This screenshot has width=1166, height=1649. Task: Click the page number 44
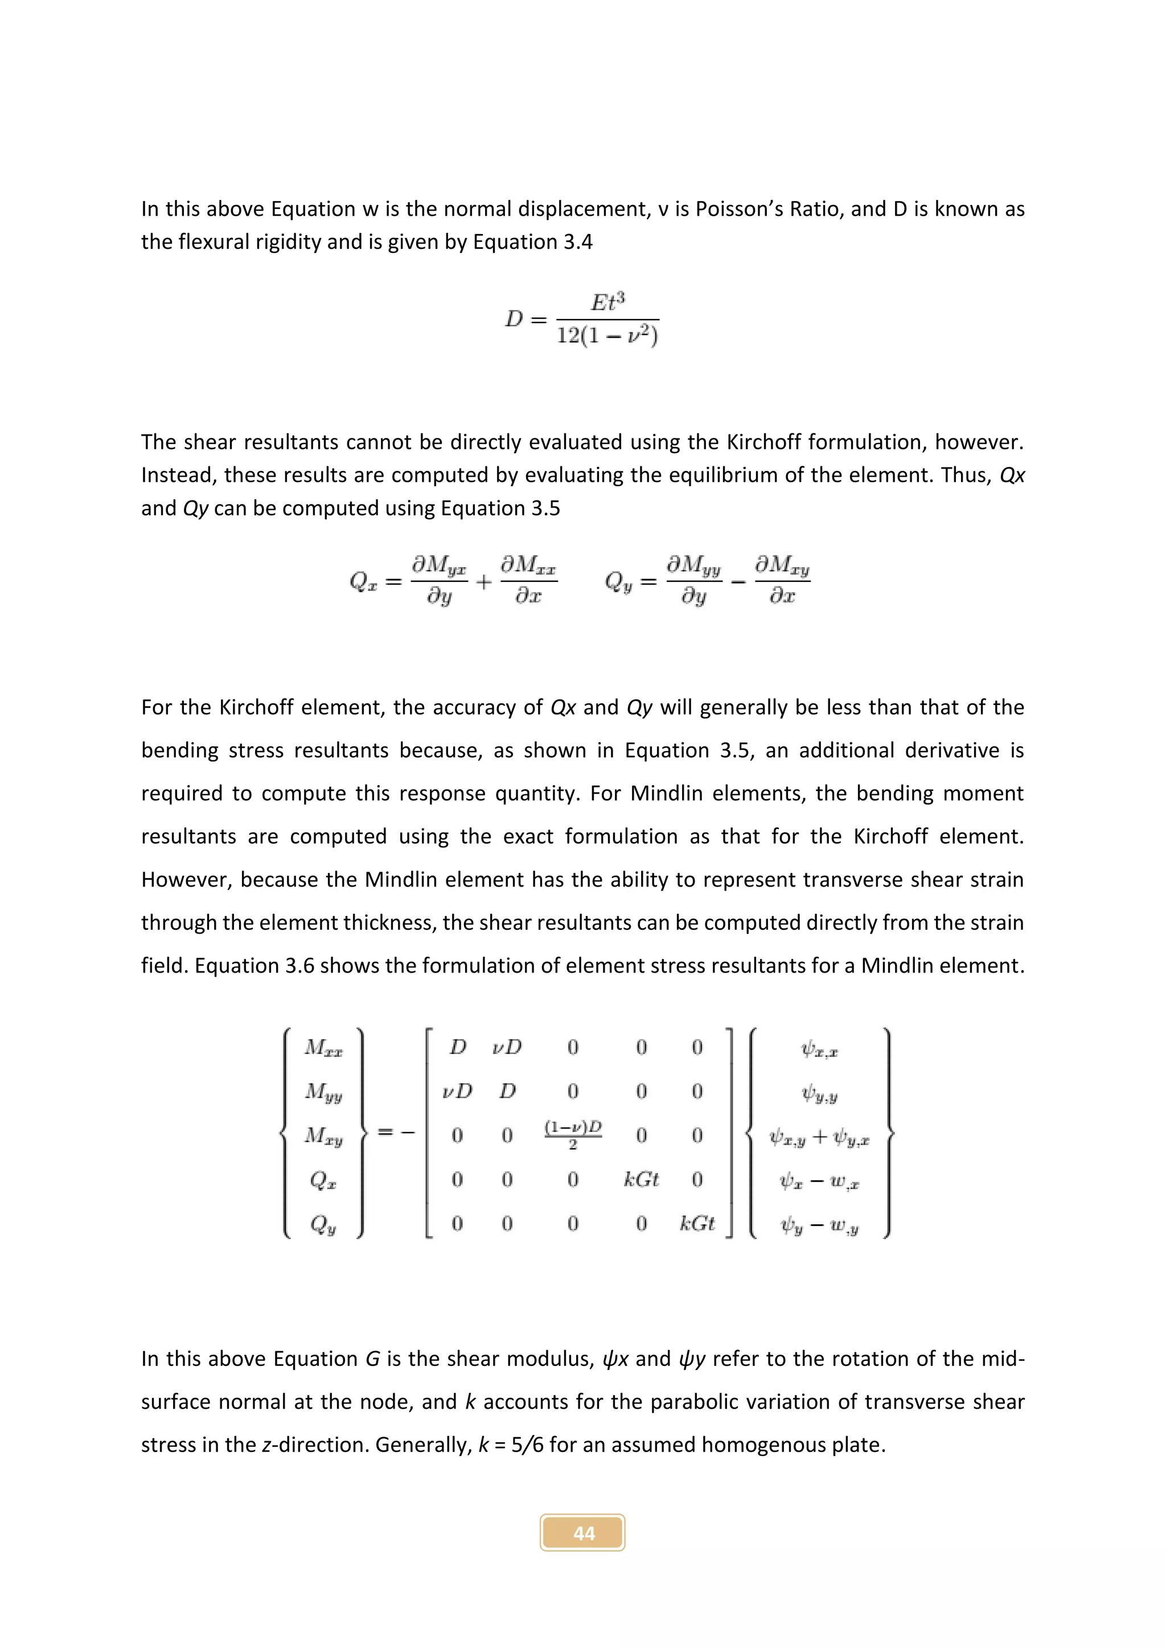(x=583, y=1533)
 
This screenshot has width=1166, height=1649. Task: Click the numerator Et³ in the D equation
(x=607, y=302)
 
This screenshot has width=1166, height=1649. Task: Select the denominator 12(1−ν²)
(x=607, y=336)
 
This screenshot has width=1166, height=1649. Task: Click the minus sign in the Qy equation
(x=738, y=582)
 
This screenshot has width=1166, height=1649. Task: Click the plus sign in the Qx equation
(x=484, y=582)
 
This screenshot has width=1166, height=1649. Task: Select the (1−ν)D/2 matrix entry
(x=572, y=1134)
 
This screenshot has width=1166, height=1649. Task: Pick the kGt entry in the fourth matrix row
(x=641, y=1179)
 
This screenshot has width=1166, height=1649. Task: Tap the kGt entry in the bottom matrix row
(x=696, y=1223)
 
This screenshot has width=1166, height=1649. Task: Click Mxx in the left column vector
(x=323, y=1048)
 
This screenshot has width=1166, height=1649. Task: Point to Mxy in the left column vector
(x=323, y=1135)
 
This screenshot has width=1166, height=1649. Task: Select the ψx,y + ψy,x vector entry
(x=819, y=1138)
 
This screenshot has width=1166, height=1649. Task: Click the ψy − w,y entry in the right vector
(x=819, y=1225)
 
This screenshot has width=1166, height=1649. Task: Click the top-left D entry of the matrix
(x=457, y=1047)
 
